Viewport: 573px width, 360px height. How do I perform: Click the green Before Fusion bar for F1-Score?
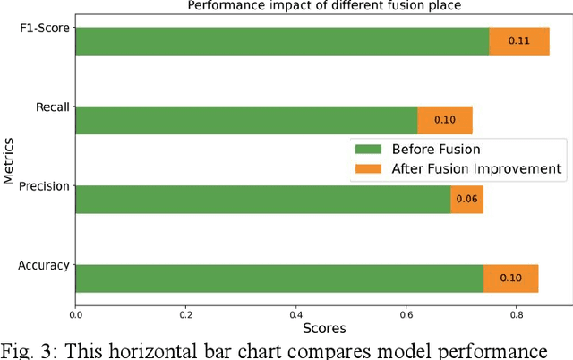tap(282, 41)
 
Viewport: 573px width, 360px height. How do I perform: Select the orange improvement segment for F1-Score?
tap(519, 41)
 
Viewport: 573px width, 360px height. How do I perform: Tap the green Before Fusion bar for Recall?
tap(246, 120)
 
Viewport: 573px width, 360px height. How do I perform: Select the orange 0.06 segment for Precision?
tap(466, 199)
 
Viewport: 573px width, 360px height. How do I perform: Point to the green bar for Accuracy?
tap(279, 278)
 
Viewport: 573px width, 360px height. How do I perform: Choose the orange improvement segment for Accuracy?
tap(510, 278)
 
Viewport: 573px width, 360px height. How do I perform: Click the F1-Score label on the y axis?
tap(46, 30)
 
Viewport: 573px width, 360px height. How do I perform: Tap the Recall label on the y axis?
tap(52, 108)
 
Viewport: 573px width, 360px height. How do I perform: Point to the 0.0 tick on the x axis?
tap(76, 313)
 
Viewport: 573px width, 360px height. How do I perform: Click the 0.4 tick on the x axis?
tap(296, 313)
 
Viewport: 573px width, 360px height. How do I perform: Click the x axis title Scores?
tap(323, 329)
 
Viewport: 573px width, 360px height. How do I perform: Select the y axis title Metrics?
tap(9, 159)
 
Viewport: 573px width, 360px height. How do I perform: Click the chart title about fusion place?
tap(323, 5)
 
